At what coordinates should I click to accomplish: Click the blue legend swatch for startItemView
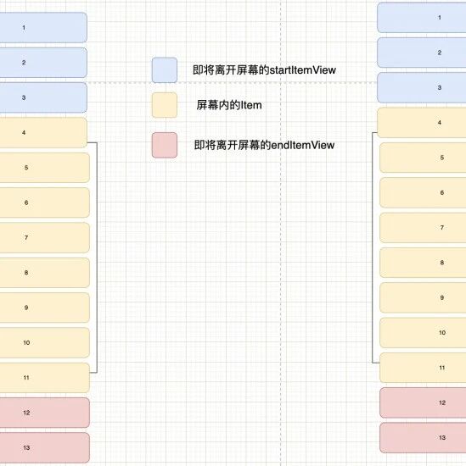[165, 70]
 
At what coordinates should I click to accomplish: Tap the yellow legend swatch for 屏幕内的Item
[165, 105]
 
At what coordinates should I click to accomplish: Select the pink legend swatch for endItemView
[165, 145]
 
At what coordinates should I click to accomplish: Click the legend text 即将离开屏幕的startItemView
[265, 70]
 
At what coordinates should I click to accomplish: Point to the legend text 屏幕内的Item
[229, 105]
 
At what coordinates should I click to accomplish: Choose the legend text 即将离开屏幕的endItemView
[265, 145]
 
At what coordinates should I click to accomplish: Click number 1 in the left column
[24, 28]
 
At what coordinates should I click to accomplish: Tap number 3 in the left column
[24, 97]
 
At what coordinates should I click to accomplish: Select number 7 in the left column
[26, 237]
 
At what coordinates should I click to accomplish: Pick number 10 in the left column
[26, 342]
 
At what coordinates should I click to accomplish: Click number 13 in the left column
[26, 447]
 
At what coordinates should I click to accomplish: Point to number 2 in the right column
[440, 53]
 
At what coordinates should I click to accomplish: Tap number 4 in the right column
[440, 123]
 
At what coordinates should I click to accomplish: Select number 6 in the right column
[442, 192]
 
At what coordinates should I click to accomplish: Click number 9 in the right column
[442, 297]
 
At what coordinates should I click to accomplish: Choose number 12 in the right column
[442, 402]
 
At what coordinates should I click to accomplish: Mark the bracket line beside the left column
[97, 258]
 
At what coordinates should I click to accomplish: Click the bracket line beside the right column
[373, 247]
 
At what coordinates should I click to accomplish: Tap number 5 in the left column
[26, 167]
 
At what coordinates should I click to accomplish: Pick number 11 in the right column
[442, 368]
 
